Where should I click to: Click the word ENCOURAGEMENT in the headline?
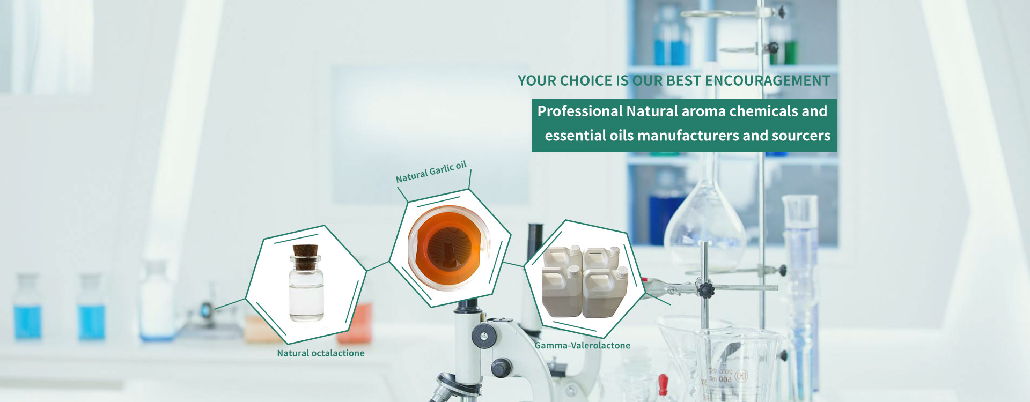(767, 81)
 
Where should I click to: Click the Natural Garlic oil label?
(431, 172)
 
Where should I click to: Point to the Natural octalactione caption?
(321, 353)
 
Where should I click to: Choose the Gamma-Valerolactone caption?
(583, 346)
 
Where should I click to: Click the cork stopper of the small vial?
(306, 252)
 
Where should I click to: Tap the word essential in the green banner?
(575, 136)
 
